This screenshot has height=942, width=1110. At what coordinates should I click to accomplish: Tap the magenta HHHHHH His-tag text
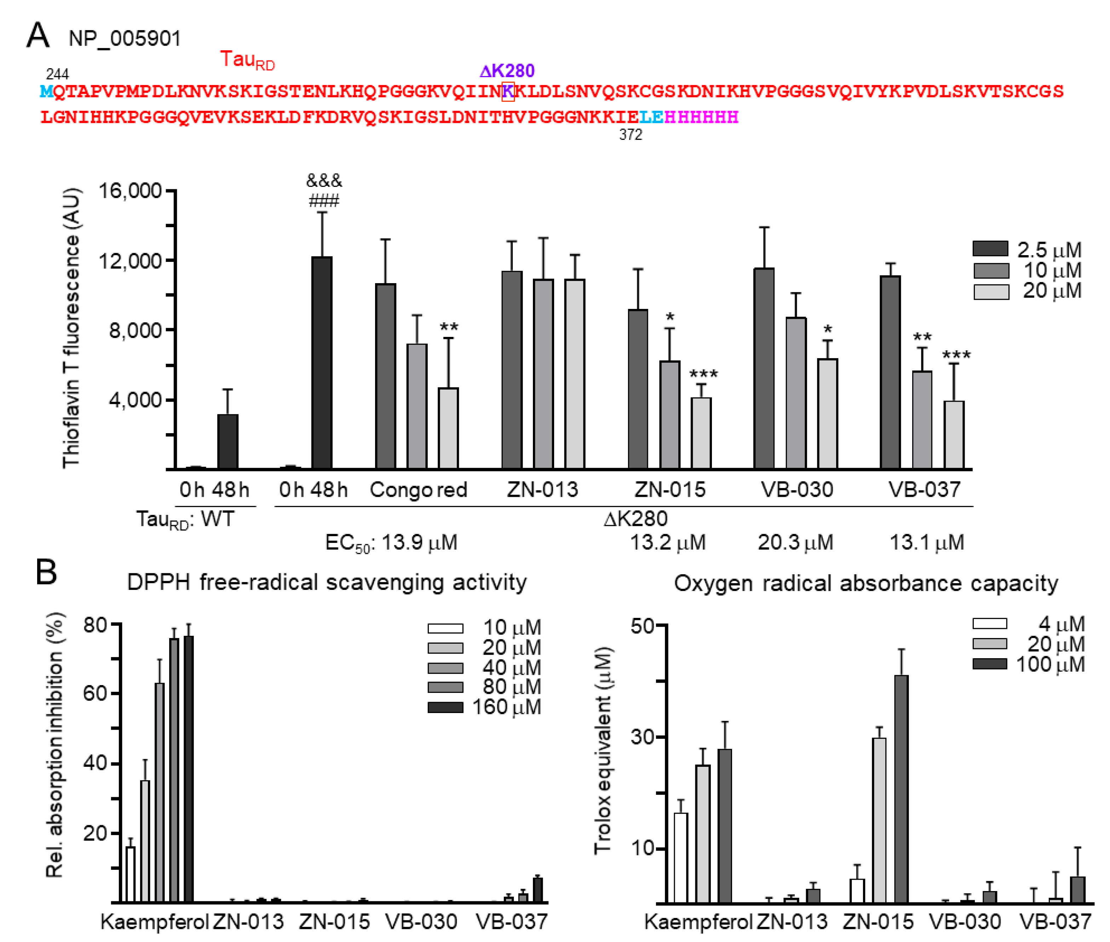(701, 117)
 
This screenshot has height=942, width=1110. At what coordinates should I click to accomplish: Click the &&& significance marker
(323, 180)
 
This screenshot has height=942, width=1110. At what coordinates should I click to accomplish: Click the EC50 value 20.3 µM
(795, 542)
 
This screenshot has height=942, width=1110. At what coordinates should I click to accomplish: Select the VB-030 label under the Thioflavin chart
(796, 489)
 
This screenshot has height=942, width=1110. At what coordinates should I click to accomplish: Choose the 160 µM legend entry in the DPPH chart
(484, 707)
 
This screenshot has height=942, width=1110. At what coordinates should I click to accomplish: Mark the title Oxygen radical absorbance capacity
(865, 583)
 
